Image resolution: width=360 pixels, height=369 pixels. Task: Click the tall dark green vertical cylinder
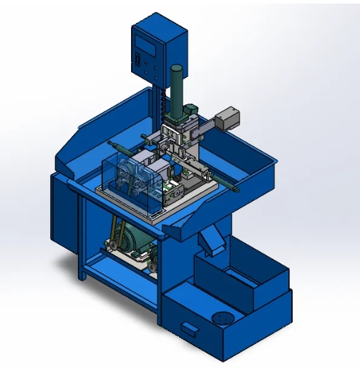(177, 87)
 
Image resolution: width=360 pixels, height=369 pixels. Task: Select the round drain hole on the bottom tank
(222, 320)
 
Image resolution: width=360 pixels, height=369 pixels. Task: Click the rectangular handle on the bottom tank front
(188, 328)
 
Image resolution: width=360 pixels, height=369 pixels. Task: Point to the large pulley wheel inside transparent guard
(128, 175)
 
